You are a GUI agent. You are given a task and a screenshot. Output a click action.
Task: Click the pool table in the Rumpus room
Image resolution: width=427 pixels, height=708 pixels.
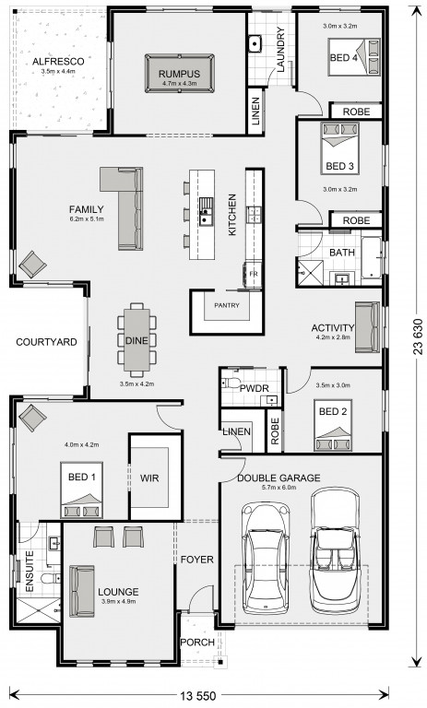point(180,74)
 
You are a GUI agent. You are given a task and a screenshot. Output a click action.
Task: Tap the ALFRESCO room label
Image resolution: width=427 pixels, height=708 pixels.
point(58,62)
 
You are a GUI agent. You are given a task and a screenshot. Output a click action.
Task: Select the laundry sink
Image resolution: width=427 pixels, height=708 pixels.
point(255,44)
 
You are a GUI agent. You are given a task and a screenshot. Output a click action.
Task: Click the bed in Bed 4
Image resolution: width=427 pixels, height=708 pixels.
point(354,57)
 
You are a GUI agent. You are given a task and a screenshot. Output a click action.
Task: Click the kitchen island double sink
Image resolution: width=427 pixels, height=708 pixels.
point(207,211)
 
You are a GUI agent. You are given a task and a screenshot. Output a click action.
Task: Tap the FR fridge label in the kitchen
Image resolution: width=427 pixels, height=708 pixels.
point(254,275)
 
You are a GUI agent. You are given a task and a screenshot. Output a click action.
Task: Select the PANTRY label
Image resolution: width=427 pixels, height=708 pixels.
point(227,306)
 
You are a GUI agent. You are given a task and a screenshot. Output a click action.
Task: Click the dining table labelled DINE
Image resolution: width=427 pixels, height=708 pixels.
point(136,340)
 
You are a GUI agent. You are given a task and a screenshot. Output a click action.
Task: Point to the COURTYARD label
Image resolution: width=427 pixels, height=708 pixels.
point(46,342)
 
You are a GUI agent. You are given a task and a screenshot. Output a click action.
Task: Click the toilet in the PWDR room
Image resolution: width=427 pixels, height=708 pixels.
point(231,383)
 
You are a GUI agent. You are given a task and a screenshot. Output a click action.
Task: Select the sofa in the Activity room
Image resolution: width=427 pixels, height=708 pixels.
point(367,327)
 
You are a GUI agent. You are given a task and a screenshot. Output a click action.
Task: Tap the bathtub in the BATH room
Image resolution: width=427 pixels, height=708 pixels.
point(372,257)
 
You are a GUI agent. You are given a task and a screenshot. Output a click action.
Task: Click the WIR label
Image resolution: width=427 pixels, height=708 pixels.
point(149,478)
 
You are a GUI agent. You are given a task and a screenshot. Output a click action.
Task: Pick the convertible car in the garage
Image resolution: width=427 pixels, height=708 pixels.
point(336,552)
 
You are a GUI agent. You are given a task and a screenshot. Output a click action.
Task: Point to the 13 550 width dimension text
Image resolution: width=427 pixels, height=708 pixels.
point(198,695)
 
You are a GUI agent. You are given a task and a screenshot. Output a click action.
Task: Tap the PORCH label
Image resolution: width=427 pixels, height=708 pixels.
point(197,642)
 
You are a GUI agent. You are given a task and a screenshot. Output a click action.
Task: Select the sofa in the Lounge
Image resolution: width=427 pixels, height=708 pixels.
point(82,591)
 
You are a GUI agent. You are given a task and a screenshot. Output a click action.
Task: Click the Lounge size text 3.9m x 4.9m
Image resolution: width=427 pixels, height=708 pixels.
point(118,601)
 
